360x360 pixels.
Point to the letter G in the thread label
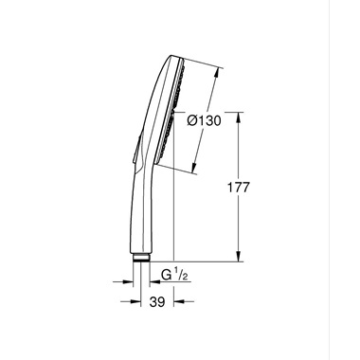[x=165, y=277]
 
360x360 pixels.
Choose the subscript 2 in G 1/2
[x=187, y=279]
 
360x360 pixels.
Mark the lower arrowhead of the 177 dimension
[x=237, y=257]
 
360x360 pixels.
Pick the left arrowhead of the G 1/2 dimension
[x=130, y=280]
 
